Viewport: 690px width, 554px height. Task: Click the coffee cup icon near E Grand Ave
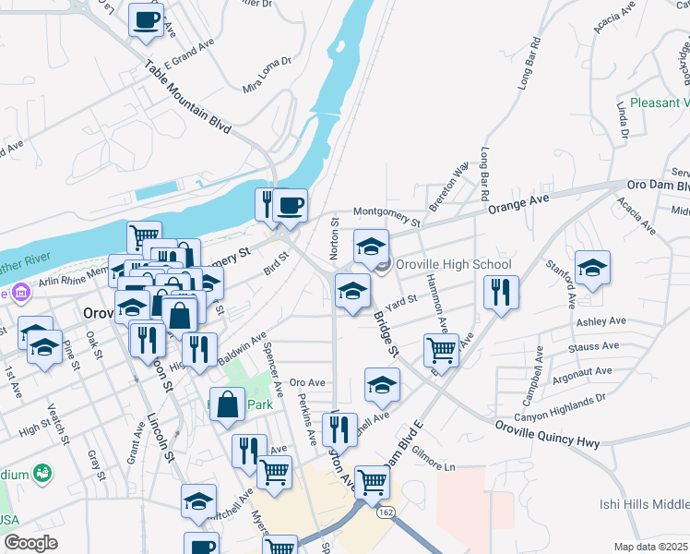(146, 20)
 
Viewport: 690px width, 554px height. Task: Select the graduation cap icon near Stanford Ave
(592, 267)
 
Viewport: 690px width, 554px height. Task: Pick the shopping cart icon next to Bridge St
(442, 350)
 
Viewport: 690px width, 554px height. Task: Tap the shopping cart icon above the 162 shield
(372, 480)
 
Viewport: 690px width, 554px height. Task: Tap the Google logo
(30, 542)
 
